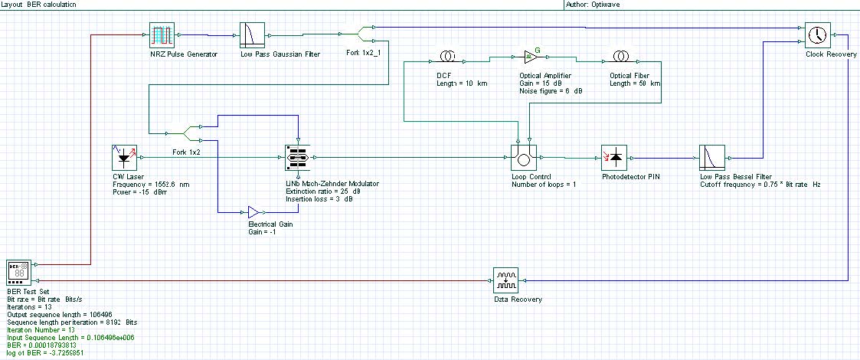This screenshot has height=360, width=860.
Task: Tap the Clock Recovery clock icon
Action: click(x=817, y=34)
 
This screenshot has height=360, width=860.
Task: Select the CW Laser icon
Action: click(x=125, y=157)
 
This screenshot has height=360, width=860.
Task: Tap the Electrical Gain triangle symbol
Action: click(x=252, y=211)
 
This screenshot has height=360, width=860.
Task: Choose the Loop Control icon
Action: click(x=524, y=158)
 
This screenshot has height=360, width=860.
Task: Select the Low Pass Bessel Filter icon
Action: click(x=711, y=157)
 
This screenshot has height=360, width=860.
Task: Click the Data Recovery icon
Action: click(x=505, y=281)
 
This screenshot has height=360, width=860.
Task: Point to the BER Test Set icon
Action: click(x=19, y=273)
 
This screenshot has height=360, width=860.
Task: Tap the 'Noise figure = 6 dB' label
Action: click(x=551, y=91)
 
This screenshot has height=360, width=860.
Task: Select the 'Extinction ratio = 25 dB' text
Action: click(x=317, y=191)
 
